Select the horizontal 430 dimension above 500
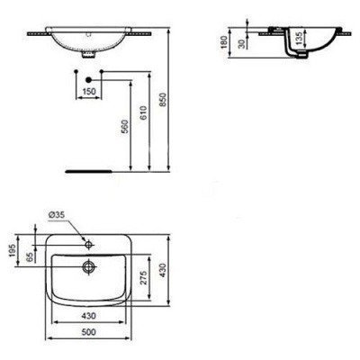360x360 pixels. pyautogui.click(x=87, y=317)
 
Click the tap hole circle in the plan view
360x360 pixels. pyautogui.click(x=89, y=243)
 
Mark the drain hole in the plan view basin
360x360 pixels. pyautogui.click(x=88, y=265)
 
